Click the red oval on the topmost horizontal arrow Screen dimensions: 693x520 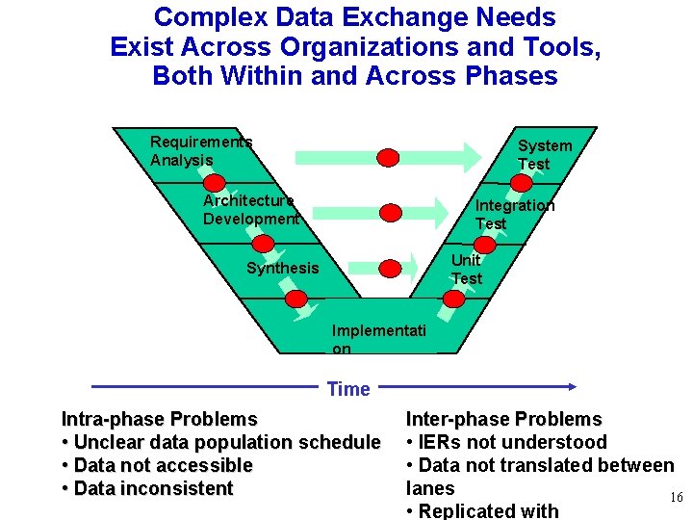387,157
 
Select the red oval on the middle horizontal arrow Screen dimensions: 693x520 389,212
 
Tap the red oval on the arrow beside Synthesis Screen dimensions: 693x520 388,269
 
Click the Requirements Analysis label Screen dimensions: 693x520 200,151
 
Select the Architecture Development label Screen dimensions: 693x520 249,209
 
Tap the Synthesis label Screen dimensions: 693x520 282,268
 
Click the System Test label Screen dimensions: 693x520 544,155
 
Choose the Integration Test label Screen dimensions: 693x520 514,214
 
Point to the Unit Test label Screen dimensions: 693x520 466,270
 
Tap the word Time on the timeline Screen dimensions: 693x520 348,389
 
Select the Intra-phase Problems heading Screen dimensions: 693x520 160,419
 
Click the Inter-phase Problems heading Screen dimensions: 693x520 503,419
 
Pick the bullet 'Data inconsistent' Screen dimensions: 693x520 147,488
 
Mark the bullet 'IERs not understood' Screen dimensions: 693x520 506,442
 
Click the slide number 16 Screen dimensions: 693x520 676,497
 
